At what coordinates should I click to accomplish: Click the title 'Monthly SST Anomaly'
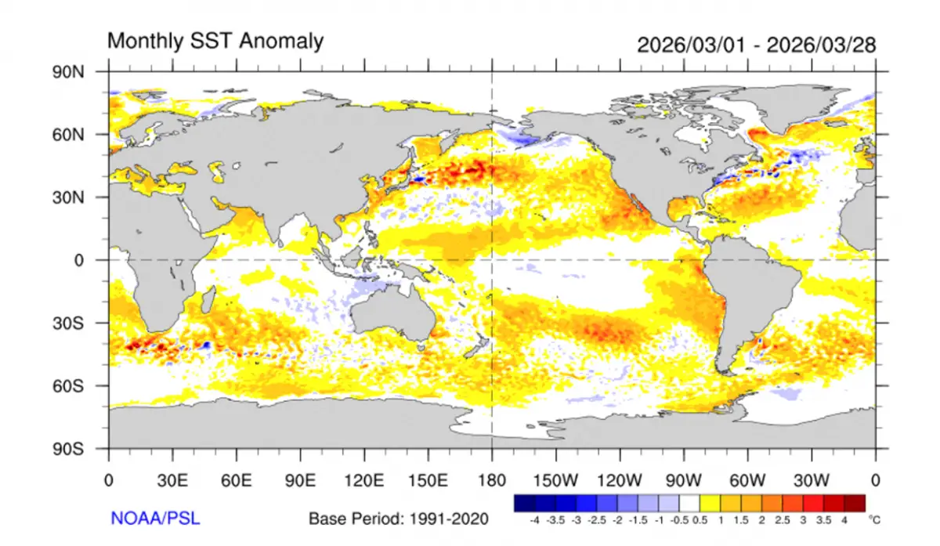point(215,41)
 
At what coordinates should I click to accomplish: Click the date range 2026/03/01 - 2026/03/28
point(756,44)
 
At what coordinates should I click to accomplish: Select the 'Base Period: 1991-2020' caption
point(398,519)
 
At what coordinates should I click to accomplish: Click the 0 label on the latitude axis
point(79,260)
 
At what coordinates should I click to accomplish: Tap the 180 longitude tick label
point(491,479)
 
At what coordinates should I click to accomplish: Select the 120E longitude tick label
point(363,479)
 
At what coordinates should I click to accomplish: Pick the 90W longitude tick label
point(683,479)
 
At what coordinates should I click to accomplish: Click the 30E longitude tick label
point(172,479)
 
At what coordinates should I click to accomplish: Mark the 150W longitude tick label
point(555,479)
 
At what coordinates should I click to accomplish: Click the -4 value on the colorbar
point(533,519)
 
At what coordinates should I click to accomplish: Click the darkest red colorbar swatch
point(856,502)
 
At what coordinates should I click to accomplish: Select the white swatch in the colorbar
point(690,502)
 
